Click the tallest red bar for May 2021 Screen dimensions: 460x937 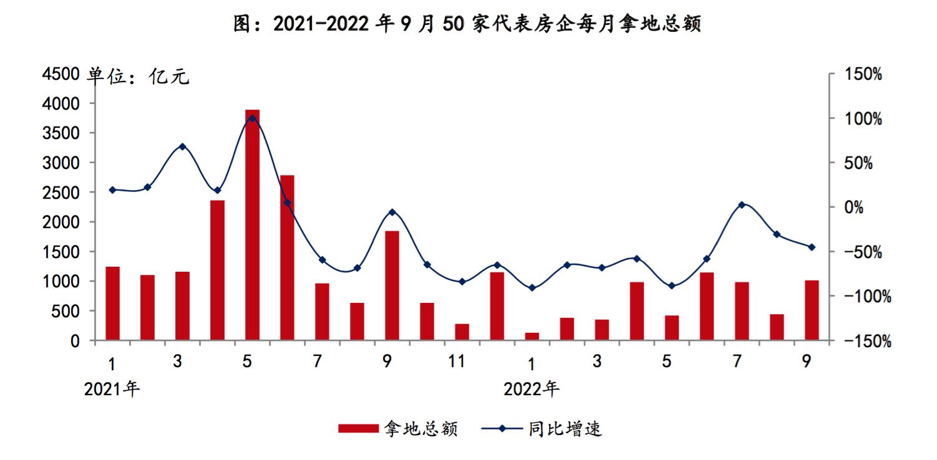tap(252, 225)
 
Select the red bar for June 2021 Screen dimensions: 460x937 tap(287, 258)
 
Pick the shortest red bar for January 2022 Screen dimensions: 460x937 tap(532, 337)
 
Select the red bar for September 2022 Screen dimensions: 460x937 tap(811, 310)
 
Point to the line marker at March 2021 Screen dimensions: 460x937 tap(182, 146)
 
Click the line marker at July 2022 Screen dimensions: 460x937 tap(741, 204)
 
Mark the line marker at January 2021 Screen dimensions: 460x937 tap(112, 190)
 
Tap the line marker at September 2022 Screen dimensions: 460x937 tap(811, 247)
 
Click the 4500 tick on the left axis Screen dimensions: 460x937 tap(60, 74)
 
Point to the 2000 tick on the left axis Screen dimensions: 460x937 tap(60, 222)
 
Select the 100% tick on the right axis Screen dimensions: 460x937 tap(863, 118)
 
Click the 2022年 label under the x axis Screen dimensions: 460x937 tap(532, 389)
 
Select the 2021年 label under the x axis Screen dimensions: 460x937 tap(112, 389)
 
